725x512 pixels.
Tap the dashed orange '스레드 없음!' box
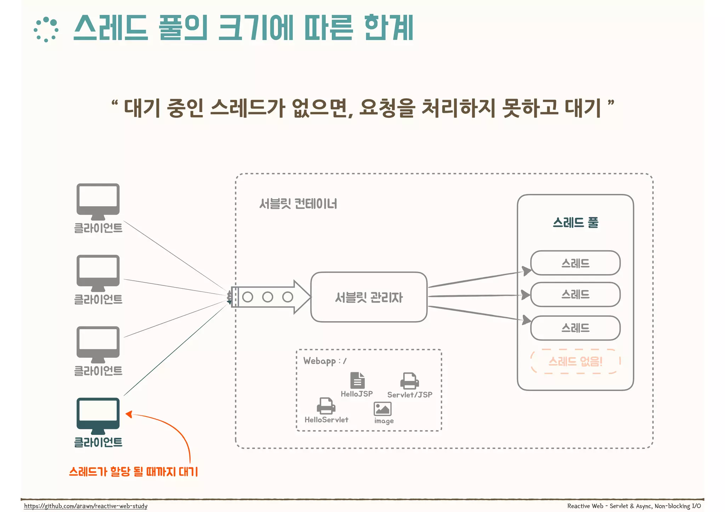tap(575, 361)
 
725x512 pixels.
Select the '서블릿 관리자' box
tap(369, 297)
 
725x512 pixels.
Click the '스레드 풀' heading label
tap(575, 223)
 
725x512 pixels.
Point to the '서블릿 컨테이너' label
tap(298, 204)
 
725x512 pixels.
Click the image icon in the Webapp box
tap(382, 409)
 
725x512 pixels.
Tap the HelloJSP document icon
tap(357, 380)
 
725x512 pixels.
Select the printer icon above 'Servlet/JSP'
tap(410, 381)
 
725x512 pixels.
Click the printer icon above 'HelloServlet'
tap(326, 406)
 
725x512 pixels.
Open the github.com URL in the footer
tap(86, 506)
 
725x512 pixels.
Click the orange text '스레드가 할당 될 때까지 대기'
tap(133, 471)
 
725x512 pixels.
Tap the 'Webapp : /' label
tap(325, 361)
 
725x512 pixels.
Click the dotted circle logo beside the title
tap(46, 30)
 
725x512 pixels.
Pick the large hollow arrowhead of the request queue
tap(302, 297)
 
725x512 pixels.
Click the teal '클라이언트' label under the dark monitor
tap(98, 442)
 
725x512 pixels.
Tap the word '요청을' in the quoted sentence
tap(387, 108)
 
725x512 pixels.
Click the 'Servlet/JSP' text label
tap(410, 395)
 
